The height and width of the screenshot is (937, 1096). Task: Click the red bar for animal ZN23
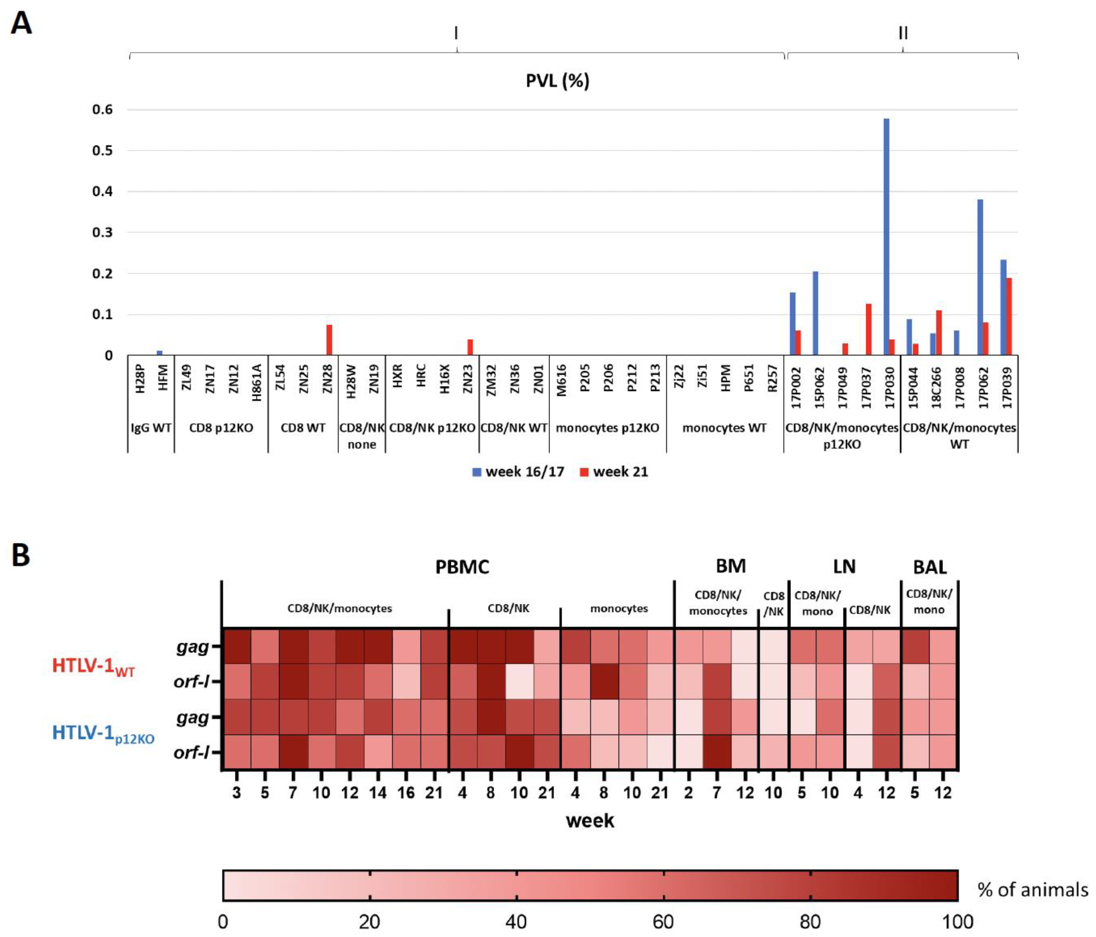pyautogui.click(x=470, y=347)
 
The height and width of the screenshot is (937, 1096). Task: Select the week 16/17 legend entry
pyautogui.click(x=518, y=471)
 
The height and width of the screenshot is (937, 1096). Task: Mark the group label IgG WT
pyautogui.click(x=151, y=428)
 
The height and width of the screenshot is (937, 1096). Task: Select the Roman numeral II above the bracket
pyautogui.click(x=903, y=33)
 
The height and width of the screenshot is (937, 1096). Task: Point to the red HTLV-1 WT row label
pyautogui.click(x=94, y=665)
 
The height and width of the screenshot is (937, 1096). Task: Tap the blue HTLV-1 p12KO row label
pyautogui.click(x=103, y=734)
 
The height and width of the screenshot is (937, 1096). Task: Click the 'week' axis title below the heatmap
pyautogui.click(x=590, y=821)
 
